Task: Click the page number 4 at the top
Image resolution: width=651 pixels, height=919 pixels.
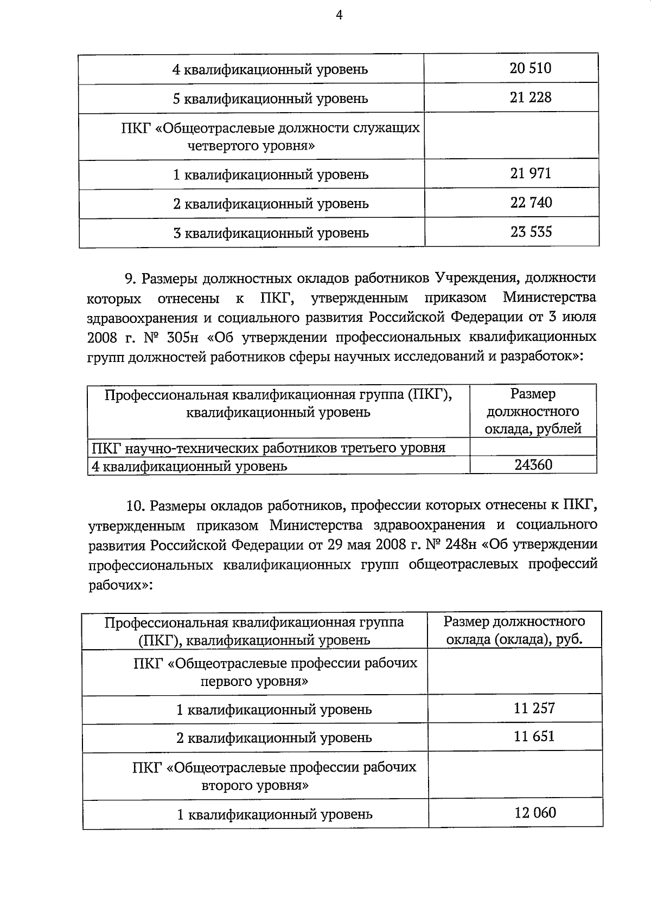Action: (x=339, y=16)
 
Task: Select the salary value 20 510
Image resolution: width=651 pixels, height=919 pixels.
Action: (x=531, y=68)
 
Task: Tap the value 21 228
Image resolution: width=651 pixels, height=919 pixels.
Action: (x=531, y=98)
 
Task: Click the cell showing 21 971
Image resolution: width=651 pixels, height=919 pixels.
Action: (x=531, y=173)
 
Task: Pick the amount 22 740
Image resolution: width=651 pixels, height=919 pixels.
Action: (x=531, y=203)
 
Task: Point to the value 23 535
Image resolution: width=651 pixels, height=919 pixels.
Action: (x=531, y=232)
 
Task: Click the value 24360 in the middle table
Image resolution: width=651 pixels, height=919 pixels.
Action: (x=533, y=464)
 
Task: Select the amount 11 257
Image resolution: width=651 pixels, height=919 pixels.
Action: (x=534, y=708)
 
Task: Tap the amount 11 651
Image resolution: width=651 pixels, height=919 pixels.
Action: (x=534, y=736)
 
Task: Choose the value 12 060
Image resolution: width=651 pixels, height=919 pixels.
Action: (x=535, y=813)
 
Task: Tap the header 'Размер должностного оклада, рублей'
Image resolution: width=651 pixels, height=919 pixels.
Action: (x=533, y=411)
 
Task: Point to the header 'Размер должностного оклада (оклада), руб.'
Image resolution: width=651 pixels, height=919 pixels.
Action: (x=514, y=630)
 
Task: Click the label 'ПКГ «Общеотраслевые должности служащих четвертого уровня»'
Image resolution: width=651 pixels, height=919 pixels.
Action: (x=270, y=137)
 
